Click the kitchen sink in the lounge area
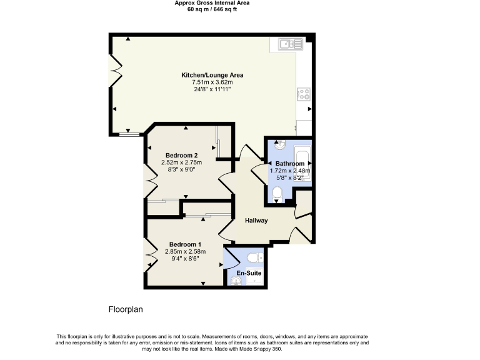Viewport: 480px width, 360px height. [291, 44]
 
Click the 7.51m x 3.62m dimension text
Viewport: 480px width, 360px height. [212, 82]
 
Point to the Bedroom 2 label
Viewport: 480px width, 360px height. [182, 155]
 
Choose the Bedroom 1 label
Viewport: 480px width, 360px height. [185, 244]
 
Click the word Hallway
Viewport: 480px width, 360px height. [256, 221]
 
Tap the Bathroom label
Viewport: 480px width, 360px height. [290, 164]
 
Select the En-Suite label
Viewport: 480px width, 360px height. [248, 273]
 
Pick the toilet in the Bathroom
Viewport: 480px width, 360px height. [279, 195]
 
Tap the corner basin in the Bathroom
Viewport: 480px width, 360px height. [279, 146]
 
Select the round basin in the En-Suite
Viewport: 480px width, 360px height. [236, 281]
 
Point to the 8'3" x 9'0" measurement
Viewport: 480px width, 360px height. [182, 170]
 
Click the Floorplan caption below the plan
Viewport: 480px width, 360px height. [127, 309]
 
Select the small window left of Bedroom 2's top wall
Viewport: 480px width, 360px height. [130, 133]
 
